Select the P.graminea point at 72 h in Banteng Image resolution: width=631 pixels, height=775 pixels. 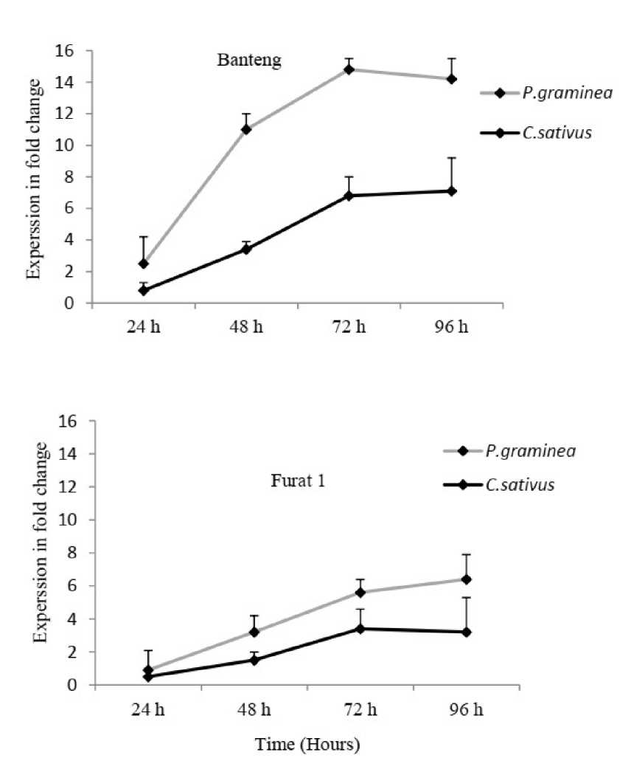point(349,69)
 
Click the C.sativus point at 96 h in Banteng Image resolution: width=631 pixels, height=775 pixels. point(452,191)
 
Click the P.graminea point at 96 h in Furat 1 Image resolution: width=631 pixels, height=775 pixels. point(466,579)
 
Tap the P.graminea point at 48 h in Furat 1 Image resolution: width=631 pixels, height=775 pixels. point(254,632)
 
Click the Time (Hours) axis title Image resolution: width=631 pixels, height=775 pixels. point(307,745)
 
